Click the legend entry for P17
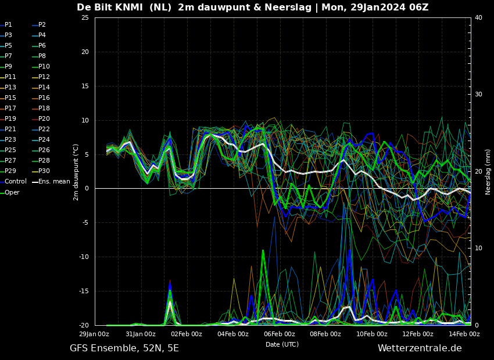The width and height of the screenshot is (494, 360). click(10, 108)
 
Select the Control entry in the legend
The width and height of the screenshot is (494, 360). click(16, 182)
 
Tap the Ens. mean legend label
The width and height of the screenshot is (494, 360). click(54, 182)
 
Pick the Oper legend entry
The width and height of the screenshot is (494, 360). click(12, 192)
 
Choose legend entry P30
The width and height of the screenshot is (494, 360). click(44, 171)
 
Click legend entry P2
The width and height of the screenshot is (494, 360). click(42, 25)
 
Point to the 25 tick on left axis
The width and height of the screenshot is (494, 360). click(85, 17)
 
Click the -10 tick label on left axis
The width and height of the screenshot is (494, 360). click(84, 257)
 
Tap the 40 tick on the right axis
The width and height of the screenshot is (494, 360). click(478, 17)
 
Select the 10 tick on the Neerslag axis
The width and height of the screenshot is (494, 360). click(478, 249)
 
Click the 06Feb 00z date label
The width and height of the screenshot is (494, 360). click(279, 334)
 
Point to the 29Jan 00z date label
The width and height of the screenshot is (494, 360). click(94, 334)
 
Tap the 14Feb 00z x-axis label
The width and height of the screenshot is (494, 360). click(464, 334)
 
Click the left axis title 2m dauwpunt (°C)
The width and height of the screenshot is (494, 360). click(76, 172)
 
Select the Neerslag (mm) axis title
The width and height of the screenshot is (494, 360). click(488, 172)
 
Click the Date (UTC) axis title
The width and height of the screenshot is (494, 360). click(282, 344)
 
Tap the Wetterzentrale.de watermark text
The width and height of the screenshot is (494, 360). click(420, 348)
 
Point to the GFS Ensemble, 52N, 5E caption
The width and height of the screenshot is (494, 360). click(124, 348)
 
